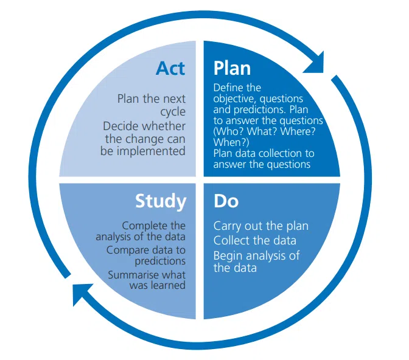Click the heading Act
point(170,67)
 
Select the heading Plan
point(232,67)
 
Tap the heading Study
point(161,201)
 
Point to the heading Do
point(226,201)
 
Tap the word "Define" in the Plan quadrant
point(229,88)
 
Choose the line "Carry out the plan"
point(260,226)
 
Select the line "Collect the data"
point(254,240)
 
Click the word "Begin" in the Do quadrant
point(228,255)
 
